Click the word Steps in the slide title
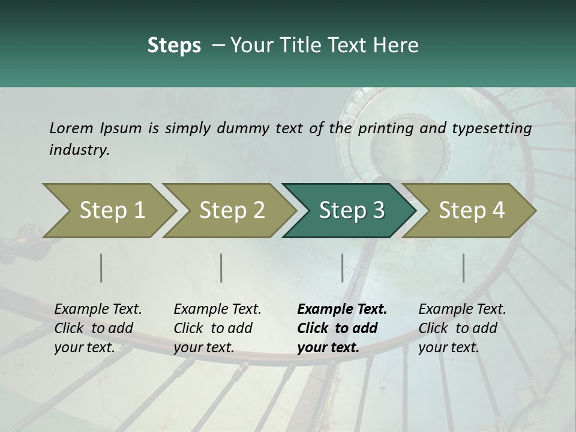(174, 45)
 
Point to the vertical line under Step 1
(101, 268)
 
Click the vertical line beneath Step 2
(221, 268)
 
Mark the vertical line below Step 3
(342, 268)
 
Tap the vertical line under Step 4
(463, 268)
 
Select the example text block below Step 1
(98, 328)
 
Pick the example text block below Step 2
(217, 328)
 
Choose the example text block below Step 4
(462, 328)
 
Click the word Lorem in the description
(71, 128)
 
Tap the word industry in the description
(79, 149)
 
